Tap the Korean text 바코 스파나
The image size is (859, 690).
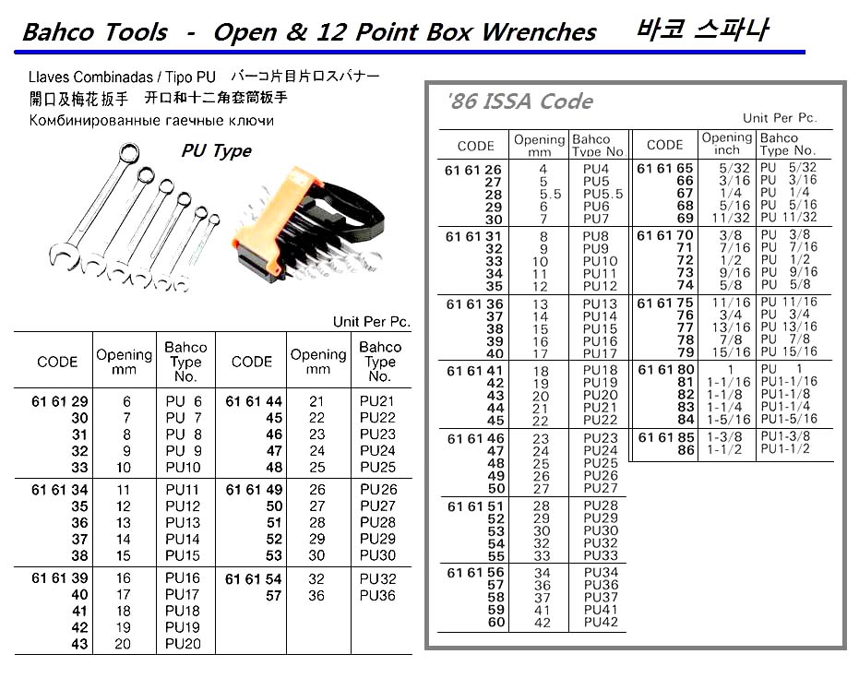[704, 30]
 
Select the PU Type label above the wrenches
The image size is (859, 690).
[216, 150]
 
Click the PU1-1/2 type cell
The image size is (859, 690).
[787, 449]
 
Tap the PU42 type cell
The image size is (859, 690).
[601, 623]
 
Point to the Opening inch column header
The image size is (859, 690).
[727, 144]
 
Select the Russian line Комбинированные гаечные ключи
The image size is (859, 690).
[151, 120]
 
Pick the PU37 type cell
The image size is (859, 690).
[601, 598]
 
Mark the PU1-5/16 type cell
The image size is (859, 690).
[789, 419]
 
